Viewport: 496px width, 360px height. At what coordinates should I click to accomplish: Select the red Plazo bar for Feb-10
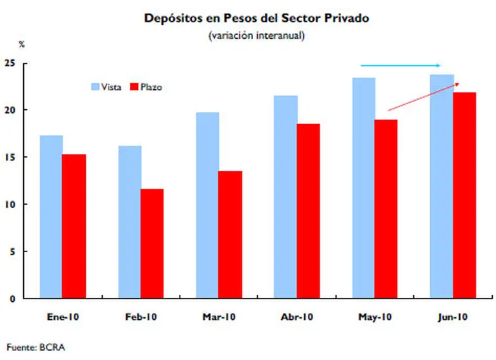tap(153, 244)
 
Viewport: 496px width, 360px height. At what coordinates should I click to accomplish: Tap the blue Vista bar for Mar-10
tap(207, 205)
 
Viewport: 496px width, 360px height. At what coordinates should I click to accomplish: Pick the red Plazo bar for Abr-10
tap(308, 211)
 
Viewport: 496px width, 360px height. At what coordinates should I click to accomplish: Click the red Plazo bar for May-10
tap(386, 209)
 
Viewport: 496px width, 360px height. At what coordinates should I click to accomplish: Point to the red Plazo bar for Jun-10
tap(464, 195)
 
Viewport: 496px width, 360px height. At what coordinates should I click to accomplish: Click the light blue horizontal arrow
tap(400, 65)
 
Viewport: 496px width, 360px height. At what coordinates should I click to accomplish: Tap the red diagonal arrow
tap(423, 98)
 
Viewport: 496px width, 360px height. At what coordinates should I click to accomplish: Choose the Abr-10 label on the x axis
tap(298, 317)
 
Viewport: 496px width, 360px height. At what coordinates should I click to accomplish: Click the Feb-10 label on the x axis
tap(141, 317)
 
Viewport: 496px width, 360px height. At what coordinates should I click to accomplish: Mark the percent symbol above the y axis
tap(21, 45)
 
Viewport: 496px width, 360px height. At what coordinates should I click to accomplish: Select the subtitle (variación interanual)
tap(256, 36)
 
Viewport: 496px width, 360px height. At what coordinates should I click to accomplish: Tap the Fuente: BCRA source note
tap(36, 347)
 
